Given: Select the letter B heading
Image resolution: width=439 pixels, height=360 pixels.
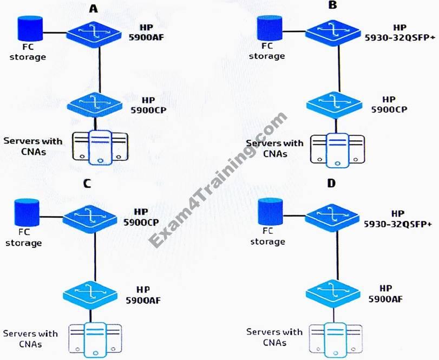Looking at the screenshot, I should [x=332, y=6].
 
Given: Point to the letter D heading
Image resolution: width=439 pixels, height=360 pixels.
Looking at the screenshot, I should [x=332, y=182].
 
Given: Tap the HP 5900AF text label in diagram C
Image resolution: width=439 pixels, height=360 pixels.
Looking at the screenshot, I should [x=145, y=293].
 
